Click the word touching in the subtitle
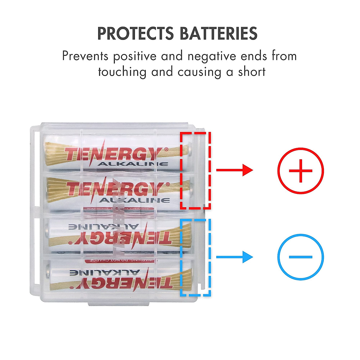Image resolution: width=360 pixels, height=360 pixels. [122, 72]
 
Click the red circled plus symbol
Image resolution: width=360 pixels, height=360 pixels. [300, 171]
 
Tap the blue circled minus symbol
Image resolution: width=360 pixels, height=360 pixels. [300, 257]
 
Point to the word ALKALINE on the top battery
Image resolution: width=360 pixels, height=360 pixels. [133, 164]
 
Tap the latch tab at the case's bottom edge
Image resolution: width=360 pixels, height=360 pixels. [118, 304]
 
